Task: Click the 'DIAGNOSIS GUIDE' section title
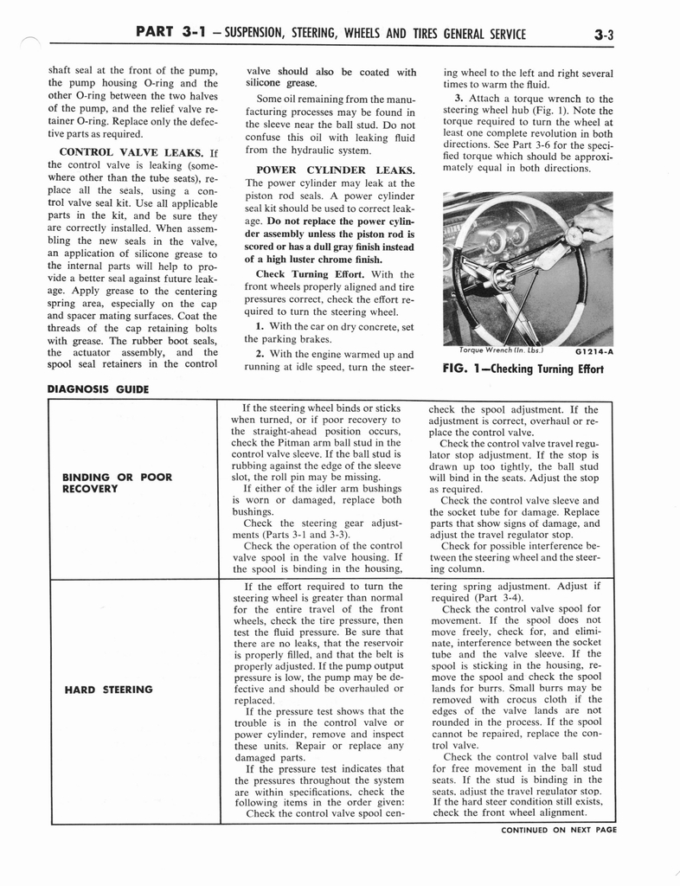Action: tap(97, 389)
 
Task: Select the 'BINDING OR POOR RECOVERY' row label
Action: tap(117, 483)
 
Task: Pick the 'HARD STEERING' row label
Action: tap(107, 690)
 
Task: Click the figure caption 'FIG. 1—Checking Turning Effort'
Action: tap(522, 369)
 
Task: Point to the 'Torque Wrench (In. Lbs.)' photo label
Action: tap(501, 351)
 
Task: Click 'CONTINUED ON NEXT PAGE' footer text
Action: tap(558, 829)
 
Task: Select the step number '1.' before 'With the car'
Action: tap(260, 326)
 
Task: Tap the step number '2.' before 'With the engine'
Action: tap(260, 354)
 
